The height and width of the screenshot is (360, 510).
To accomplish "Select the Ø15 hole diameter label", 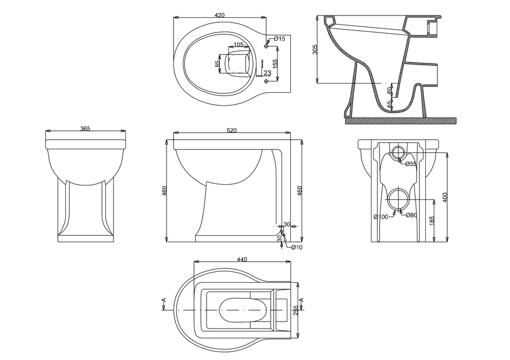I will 279,38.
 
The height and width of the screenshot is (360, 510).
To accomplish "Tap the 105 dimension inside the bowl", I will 239,45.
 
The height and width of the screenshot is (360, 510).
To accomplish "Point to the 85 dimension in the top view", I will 218,64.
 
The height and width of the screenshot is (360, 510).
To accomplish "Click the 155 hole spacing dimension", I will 276,64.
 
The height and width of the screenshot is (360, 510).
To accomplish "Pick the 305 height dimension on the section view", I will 315,50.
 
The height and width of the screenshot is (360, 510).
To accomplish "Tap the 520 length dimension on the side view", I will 232,131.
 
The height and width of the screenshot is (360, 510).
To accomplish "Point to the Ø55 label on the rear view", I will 410,164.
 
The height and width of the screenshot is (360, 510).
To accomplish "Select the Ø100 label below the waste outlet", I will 381,216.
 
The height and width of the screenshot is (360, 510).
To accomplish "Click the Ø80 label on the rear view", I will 411,215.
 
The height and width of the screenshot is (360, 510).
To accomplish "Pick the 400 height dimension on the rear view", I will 446,196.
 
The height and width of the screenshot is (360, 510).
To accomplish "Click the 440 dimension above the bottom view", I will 242,260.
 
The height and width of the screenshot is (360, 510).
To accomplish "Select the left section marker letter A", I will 164,300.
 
